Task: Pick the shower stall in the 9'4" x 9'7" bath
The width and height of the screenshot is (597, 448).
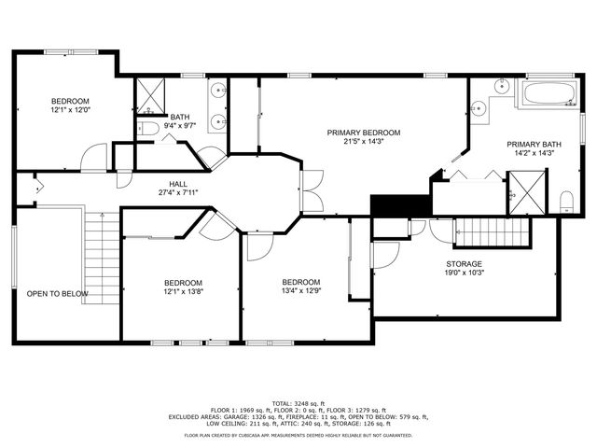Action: (x=150, y=93)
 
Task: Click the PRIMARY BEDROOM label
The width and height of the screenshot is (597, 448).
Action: (x=364, y=133)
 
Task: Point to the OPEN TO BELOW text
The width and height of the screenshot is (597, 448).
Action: (x=57, y=294)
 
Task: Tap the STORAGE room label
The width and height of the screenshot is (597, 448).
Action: (x=464, y=264)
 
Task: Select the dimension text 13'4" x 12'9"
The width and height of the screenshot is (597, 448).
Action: (x=301, y=292)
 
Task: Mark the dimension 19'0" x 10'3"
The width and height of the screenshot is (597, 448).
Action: (x=464, y=274)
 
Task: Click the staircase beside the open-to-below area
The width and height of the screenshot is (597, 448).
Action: (x=100, y=252)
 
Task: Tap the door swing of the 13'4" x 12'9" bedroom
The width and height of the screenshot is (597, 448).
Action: (x=257, y=244)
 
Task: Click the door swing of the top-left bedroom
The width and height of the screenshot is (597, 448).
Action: (x=94, y=160)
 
